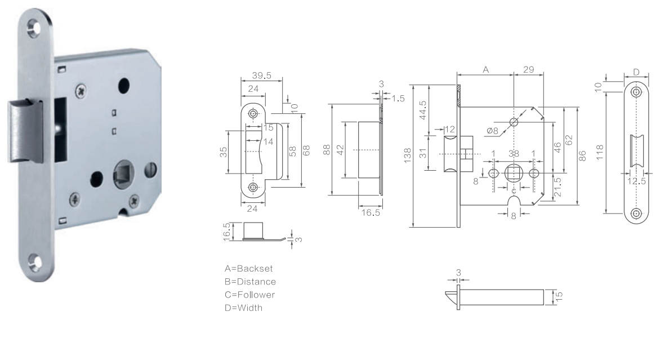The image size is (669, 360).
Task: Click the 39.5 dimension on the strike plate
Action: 261,75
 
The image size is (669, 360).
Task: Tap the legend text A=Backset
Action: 249,269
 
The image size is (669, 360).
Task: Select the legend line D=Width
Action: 244,308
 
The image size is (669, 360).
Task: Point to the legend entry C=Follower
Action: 250,295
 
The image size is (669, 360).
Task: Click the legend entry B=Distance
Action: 251,282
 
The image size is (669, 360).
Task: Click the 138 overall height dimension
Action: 408,155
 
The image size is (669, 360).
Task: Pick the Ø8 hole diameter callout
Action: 492,131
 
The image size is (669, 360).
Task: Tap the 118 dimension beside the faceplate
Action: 600,153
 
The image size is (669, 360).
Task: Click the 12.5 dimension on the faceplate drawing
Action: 636,181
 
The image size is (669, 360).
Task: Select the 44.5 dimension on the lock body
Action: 423,110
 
